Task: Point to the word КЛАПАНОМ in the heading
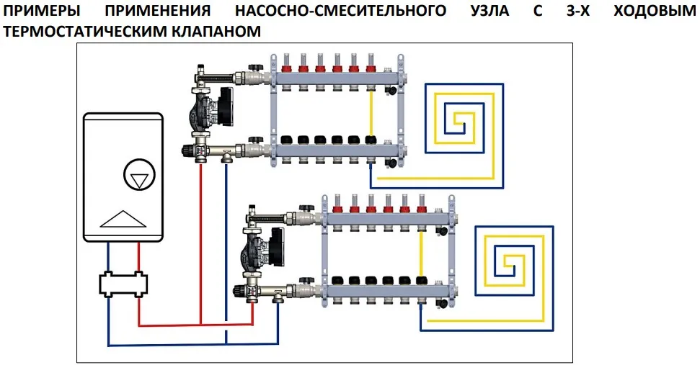pyautogui.click(x=209, y=32)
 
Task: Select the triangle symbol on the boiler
pyautogui.click(x=120, y=217)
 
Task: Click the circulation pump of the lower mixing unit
pyautogui.click(x=267, y=248)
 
